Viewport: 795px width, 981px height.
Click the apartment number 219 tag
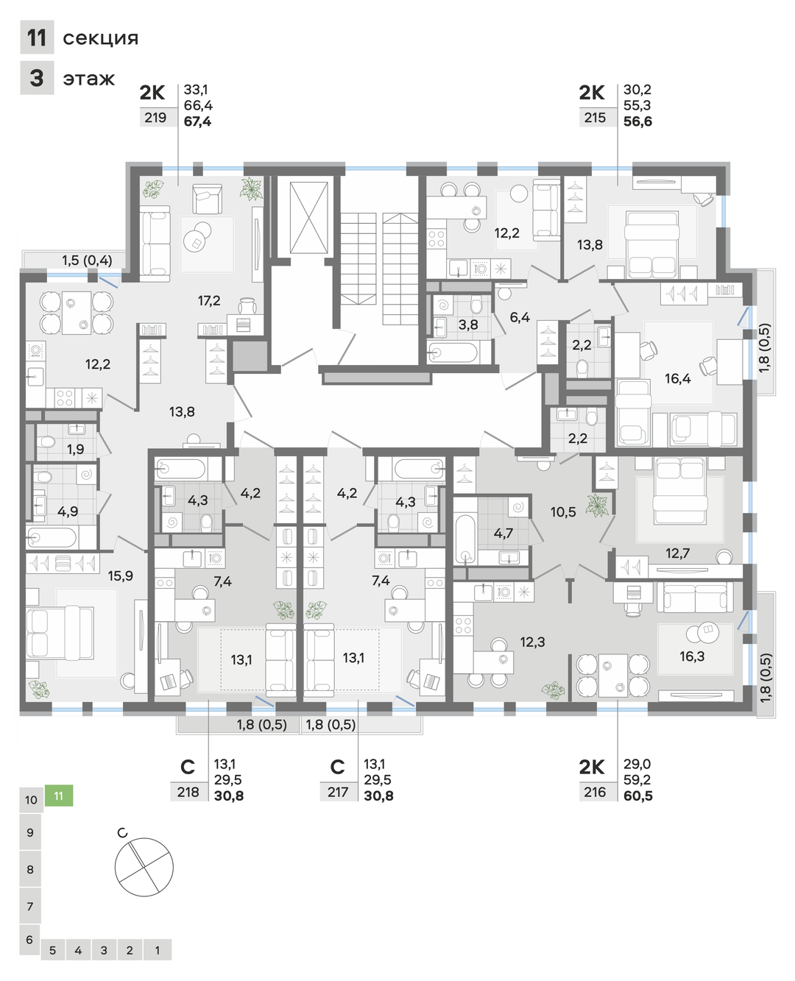(155, 118)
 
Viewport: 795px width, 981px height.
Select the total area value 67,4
(197, 121)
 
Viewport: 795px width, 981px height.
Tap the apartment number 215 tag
(595, 118)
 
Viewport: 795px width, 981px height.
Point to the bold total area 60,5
(638, 796)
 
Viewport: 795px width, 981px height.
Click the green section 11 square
(59, 796)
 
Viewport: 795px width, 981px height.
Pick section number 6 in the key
(30, 940)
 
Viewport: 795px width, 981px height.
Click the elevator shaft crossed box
(309, 217)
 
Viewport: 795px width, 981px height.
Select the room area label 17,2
(209, 301)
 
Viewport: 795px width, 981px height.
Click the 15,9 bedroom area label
(121, 576)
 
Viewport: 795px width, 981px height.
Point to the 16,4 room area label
(677, 378)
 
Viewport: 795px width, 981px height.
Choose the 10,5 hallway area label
(563, 511)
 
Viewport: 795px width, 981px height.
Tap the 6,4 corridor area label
(520, 317)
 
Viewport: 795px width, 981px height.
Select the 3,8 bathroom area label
(468, 325)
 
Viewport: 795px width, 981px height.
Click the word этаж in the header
(89, 79)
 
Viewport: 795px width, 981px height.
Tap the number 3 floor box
(37, 78)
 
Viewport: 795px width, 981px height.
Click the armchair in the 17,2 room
(208, 199)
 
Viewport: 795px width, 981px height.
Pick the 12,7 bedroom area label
(677, 553)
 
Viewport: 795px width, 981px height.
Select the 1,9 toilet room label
(76, 449)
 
